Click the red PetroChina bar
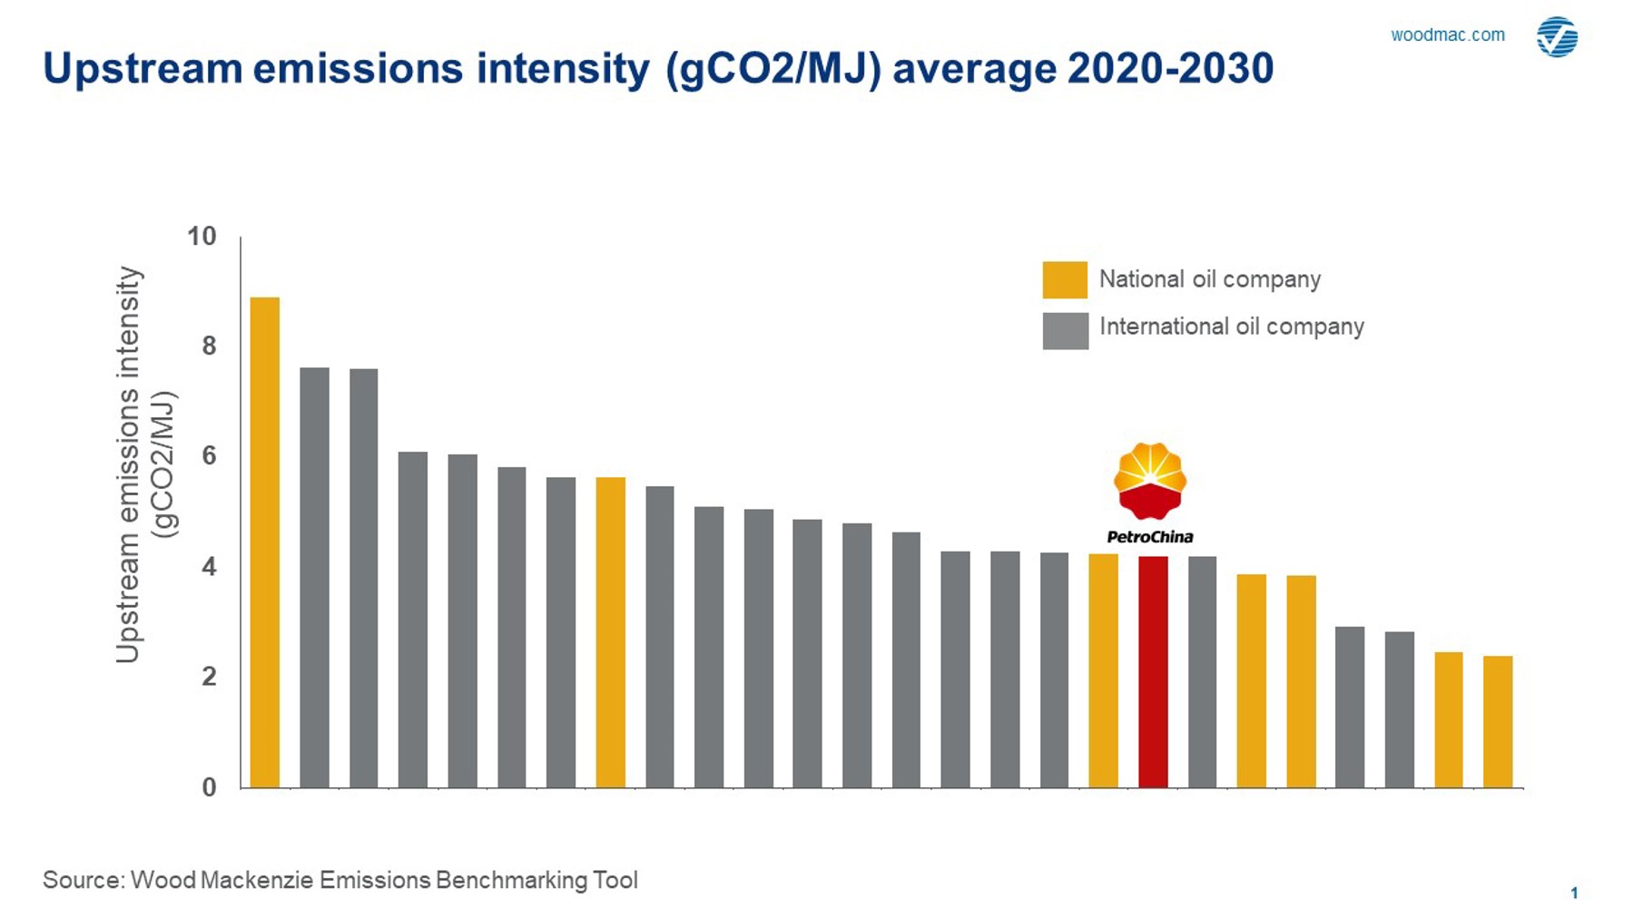tap(1153, 671)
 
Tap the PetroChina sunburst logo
tap(1150, 481)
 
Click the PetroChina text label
tap(1150, 537)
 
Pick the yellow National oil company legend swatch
tap(1065, 279)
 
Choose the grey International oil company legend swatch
tap(1065, 330)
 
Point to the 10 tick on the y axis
tap(202, 237)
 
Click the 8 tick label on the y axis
tap(210, 346)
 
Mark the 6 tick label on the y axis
tap(210, 455)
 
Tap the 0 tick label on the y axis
tap(210, 787)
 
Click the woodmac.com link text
tap(1447, 35)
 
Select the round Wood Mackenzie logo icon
tap(1557, 37)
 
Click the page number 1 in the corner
tap(1574, 893)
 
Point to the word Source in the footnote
tap(83, 880)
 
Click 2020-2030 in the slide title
tap(1170, 69)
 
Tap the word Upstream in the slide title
tap(142, 69)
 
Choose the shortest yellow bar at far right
tap(1498, 721)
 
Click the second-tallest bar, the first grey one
tap(314, 577)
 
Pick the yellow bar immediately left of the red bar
tap(1103, 670)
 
